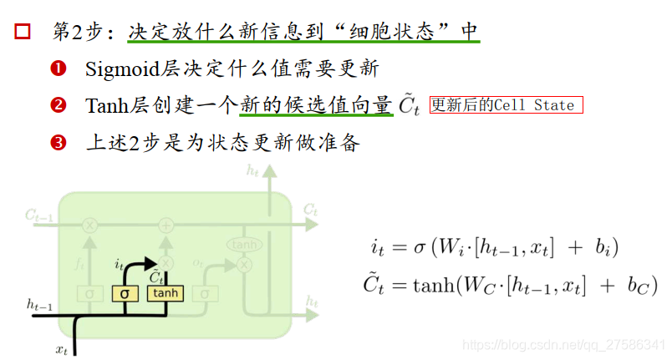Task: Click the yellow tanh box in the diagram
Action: coord(165,293)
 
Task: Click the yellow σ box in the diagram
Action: coord(125,293)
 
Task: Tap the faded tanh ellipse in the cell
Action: coord(243,245)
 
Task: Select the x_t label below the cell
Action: coord(62,349)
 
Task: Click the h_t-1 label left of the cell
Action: coord(39,307)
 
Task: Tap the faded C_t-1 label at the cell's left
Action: coord(38,215)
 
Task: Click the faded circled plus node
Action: coord(166,225)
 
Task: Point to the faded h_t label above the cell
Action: coord(251,170)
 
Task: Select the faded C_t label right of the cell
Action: coord(310,208)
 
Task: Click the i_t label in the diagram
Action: coord(120,264)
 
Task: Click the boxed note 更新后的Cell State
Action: coord(506,105)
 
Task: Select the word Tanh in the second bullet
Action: coord(103,106)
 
